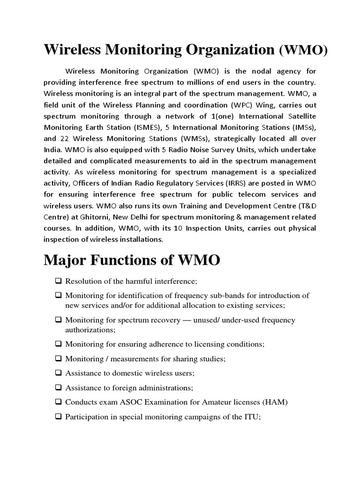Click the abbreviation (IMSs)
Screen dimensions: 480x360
pos(301,127)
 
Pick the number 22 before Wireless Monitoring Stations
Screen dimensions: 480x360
pos(65,138)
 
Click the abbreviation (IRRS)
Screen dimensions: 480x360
pos(225,183)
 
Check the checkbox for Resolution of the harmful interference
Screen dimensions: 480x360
pos(58,281)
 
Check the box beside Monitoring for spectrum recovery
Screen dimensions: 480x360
pos(58,320)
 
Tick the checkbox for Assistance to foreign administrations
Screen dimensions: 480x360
pos(58,388)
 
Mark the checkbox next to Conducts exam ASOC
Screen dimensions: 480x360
pos(58,402)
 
